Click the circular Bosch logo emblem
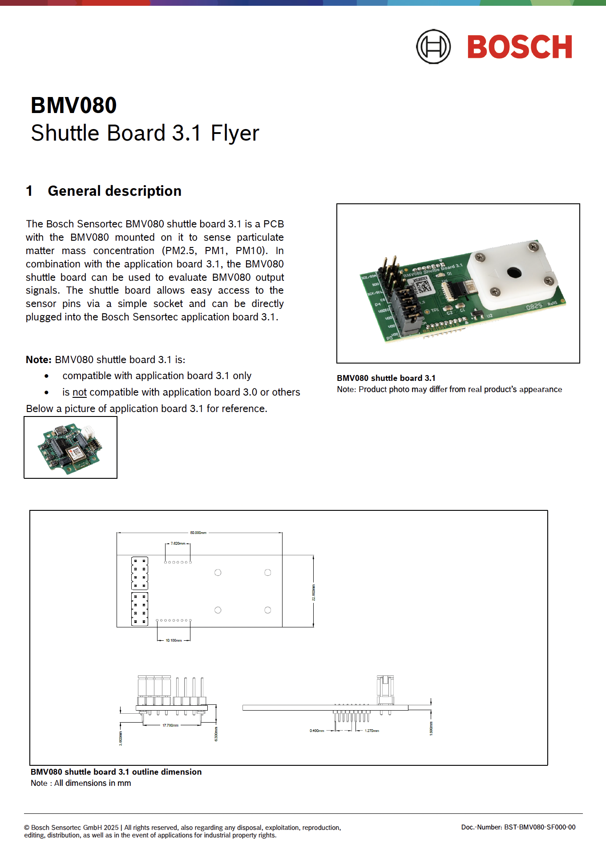[x=433, y=47]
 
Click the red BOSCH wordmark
[x=520, y=47]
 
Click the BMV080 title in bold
[x=74, y=105]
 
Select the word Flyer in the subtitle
[x=234, y=133]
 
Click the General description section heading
[x=114, y=191]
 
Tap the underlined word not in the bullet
[x=79, y=392]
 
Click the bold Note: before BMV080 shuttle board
[x=39, y=360]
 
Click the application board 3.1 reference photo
[x=70, y=448]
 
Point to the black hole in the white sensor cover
[x=514, y=272]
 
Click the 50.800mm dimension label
[x=198, y=533]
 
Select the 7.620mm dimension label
[x=178, y=543]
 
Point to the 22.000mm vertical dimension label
[x=313, y=593]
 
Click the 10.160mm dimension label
[x=174, y=640]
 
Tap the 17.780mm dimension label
[x=170, y=725]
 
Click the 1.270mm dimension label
[x=372, y=731]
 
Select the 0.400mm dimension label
[x=317, y=731]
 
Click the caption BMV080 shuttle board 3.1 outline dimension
[x=116, y=772]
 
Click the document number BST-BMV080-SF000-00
[x=539, y=827]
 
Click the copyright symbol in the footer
[x=27, y=828]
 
